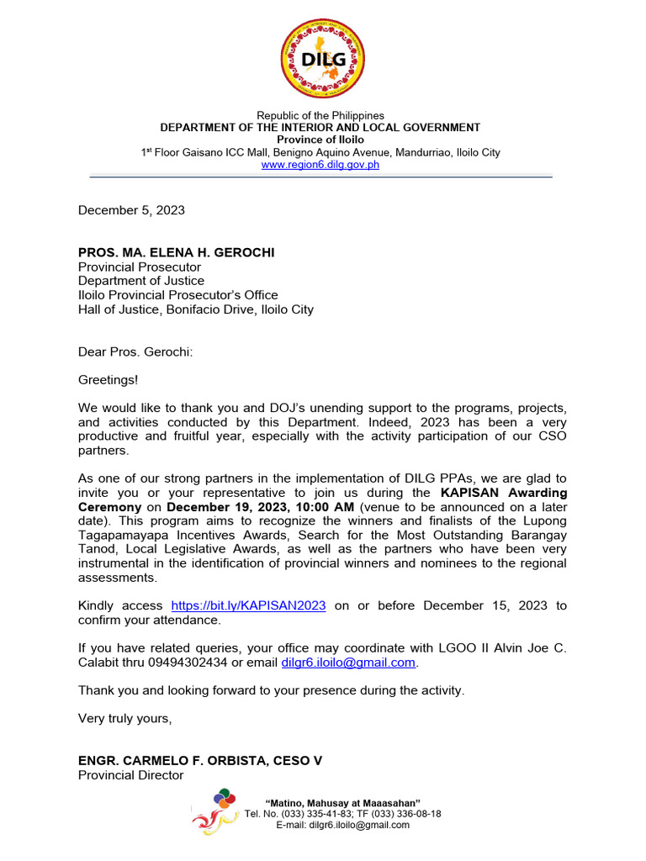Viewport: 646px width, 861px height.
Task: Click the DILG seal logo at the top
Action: [x=322, y=59]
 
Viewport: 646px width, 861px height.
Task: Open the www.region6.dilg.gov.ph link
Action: [x=320, y=165]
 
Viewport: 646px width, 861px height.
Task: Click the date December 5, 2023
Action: [x=131, y=210]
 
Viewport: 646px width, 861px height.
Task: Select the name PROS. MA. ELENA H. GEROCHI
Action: [x=177, y=252]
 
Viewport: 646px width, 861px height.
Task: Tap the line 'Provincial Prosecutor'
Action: [x=140, y=267]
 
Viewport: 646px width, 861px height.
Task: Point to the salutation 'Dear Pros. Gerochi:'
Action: [x=135, y=351]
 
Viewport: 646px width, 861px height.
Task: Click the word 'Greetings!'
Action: [x=109, y=380]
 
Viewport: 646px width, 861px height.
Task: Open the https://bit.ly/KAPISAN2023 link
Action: [x=248, y=605]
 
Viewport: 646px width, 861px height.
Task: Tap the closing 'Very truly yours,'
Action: [x=125, y=718]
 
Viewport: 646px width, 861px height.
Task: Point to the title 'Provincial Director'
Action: [x=130, y=774]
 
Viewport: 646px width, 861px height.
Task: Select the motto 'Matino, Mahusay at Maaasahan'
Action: [x=343, y=803]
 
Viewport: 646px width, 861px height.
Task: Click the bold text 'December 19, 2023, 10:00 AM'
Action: [x=261, y=507]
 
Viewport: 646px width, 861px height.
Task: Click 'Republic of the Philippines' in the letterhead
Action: [x=320, y=115]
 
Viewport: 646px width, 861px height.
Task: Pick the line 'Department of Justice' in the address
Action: [x=141, y=281]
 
